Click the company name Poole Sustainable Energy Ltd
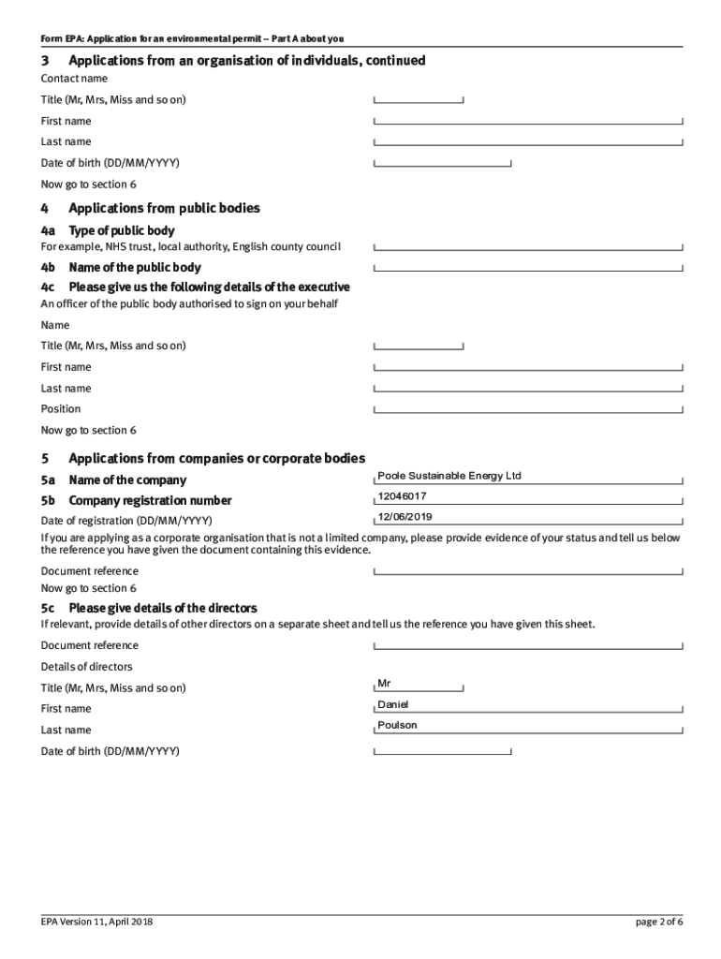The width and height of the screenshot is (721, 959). click(x=449, y=476)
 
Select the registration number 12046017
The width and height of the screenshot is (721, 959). click(x=402, y=496)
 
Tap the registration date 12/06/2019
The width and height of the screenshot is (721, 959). click(x=405, y=517)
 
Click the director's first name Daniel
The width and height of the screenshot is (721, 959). click(x=393, y=704)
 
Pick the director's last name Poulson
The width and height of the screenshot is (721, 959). click(x=397, y=725)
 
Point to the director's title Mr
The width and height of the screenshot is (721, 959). click(x=384, y=684)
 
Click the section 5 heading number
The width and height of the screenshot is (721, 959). click(x=45, y=459)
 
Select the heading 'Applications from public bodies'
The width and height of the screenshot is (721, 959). click(x=164, y=208)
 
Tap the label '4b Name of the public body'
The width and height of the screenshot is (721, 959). click(x=121, y=268)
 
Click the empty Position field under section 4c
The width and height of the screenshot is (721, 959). click(x=528, y=408)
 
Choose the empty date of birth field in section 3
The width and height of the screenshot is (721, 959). click(x=442, y=162)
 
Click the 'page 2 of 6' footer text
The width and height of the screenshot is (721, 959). click(x=659, y=922)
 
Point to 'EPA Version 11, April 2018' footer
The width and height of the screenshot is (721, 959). click(x=96, y=922)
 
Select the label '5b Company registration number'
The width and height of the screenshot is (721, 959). click(x=136, y=500)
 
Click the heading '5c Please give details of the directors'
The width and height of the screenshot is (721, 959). click(x=149, y=609)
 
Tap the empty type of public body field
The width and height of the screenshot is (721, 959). click(x=528, y=246)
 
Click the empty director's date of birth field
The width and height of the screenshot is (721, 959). click(x=442, y=750)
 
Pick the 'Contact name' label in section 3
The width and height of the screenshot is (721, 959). click(x=74, y=79)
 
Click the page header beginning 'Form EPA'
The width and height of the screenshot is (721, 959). click(x=192, y=38)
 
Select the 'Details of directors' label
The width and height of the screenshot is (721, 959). click(x=86, y=667)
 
